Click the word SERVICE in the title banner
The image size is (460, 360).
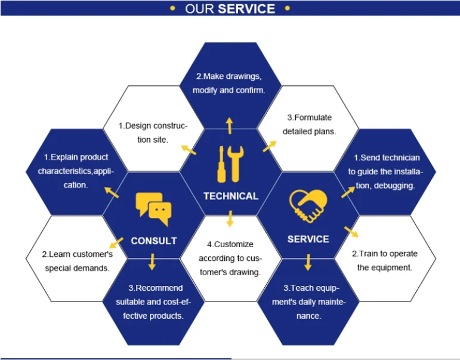coord(246,9)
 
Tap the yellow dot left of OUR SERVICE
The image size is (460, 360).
coord(173,8)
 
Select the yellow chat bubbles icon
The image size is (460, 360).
coord(153,209)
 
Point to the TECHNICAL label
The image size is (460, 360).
coord(230,196)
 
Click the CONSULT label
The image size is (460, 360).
coord(154,241)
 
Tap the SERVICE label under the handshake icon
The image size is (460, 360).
coord(308,239)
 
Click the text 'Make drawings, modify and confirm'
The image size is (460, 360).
coord(229,84)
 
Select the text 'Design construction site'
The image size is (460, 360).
coord(153,133)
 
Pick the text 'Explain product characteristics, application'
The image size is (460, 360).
coord(75,171)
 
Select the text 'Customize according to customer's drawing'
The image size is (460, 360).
coord(230,258)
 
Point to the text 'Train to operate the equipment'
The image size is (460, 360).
coord(385,260)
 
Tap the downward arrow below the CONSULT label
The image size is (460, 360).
coord(153,261)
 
